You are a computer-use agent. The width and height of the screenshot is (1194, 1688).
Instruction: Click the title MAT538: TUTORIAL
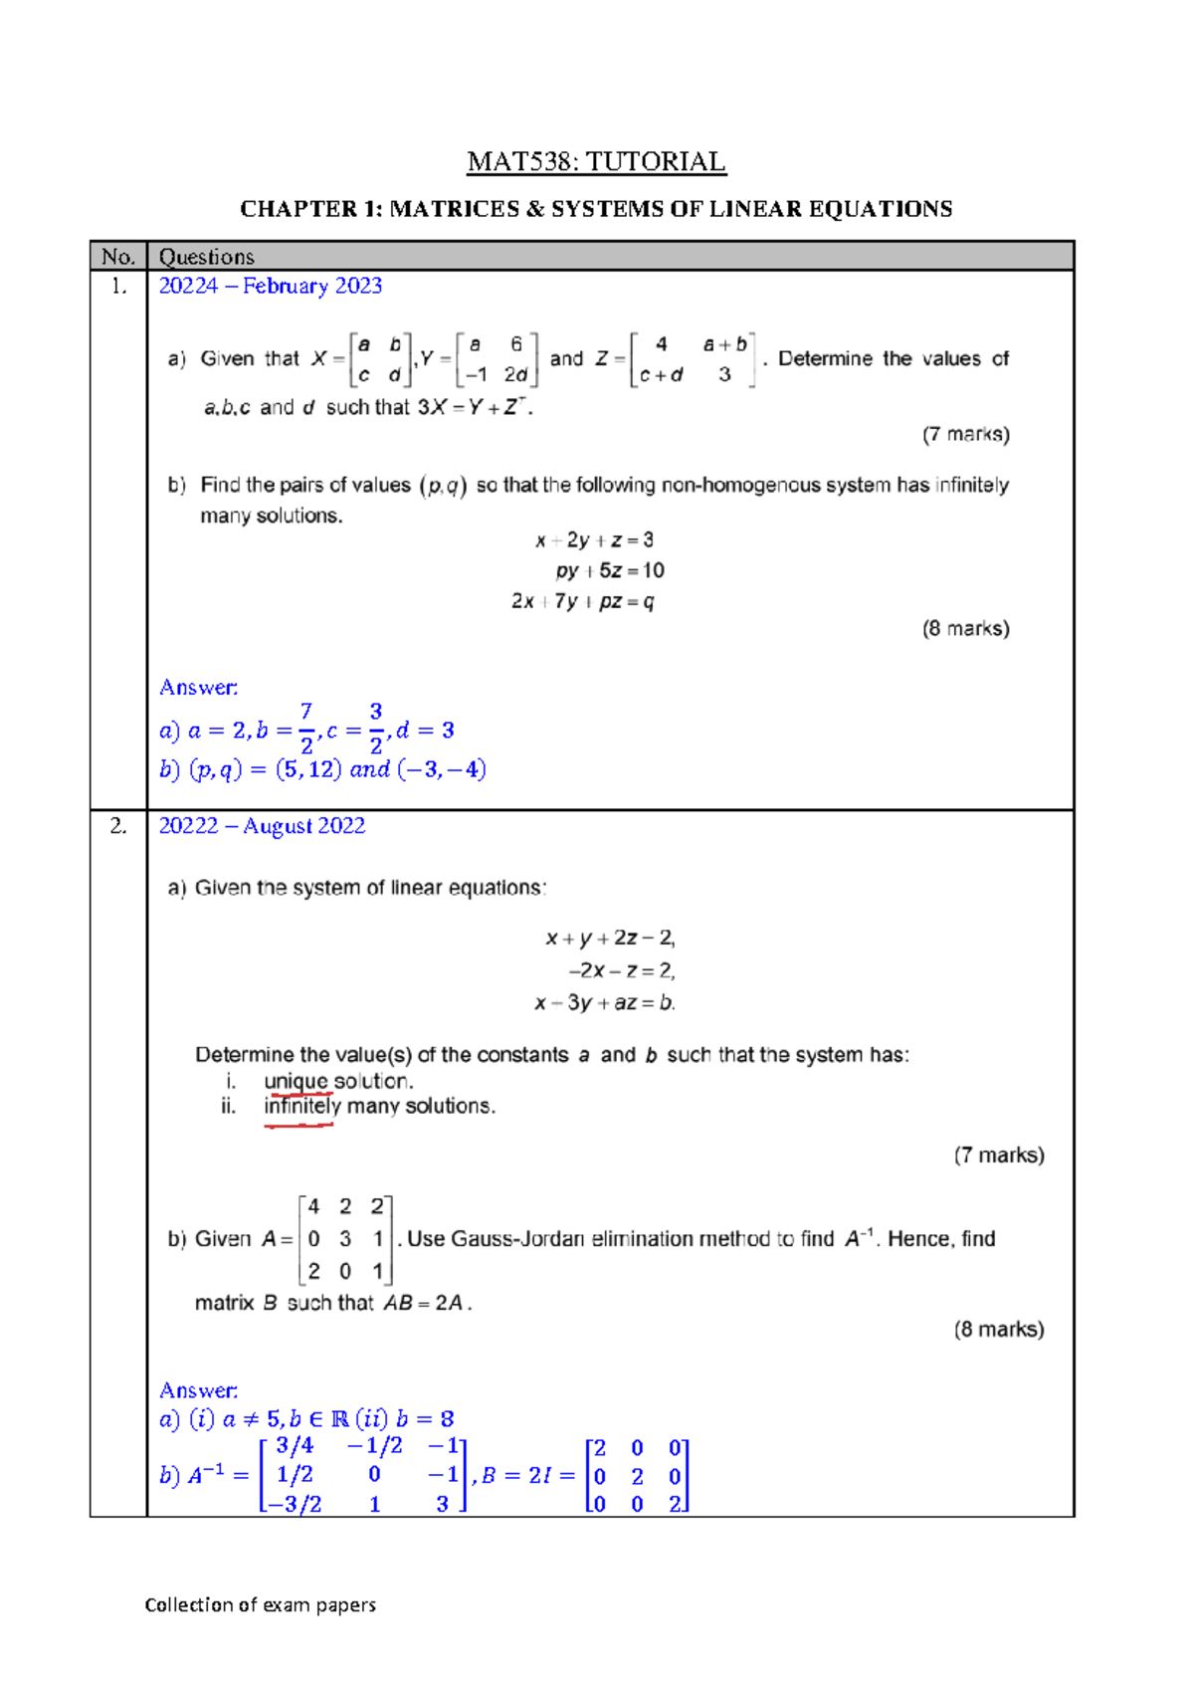pos(596,161)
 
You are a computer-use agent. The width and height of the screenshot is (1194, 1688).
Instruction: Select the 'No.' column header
pos(117,257)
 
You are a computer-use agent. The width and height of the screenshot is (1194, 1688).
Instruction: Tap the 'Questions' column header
pos(207,257)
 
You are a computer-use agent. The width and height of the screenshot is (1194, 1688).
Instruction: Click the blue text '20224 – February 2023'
pos(271,286)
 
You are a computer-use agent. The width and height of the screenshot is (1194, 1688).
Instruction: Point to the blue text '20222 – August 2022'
pos(262,826)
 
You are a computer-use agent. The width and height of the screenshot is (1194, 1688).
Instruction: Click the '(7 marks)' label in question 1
pos(965,434)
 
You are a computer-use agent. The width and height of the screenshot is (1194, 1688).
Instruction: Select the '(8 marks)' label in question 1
pos(965,628)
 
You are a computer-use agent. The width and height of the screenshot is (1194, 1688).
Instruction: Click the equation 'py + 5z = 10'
pos(610,570)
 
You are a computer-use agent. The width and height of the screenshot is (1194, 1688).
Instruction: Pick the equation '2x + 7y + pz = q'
pos(583,601)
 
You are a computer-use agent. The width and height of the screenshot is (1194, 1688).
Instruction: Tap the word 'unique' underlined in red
pos(296,1081)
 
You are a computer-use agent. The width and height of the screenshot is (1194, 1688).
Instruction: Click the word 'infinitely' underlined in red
pos(302,1106)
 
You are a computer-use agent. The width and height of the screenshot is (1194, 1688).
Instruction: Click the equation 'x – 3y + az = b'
pos(605,1002)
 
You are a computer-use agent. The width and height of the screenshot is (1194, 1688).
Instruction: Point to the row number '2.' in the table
pos(118,826)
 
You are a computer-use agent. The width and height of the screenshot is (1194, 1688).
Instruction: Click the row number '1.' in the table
pos(118,286)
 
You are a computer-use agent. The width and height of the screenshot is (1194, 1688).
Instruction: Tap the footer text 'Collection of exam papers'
pos(261,1604)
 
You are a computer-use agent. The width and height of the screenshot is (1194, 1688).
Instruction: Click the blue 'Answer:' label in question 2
pos(199,1390)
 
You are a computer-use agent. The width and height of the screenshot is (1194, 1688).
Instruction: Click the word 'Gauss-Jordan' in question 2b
pos(517,1239)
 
